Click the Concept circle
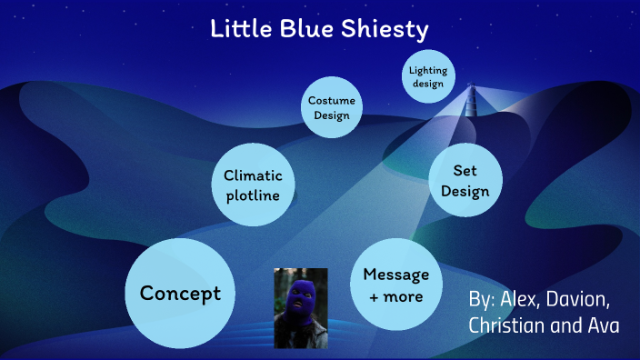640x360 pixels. [x=180, y=294]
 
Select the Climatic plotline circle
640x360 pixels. [x=253, y=185]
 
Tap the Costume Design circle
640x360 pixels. [x=331, y=108]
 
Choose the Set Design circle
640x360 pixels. [x=465, y=181]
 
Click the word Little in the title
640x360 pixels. [x=240, y=29]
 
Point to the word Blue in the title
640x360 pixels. [x=311, y=29]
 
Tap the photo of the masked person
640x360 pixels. [x=301, y=308]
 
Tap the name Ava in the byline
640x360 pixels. [x=602, y=325]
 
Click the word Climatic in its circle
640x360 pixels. [x=253, y=175]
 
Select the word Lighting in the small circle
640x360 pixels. [x=427, y=71]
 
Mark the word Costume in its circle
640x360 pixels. [x=331, y=101]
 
